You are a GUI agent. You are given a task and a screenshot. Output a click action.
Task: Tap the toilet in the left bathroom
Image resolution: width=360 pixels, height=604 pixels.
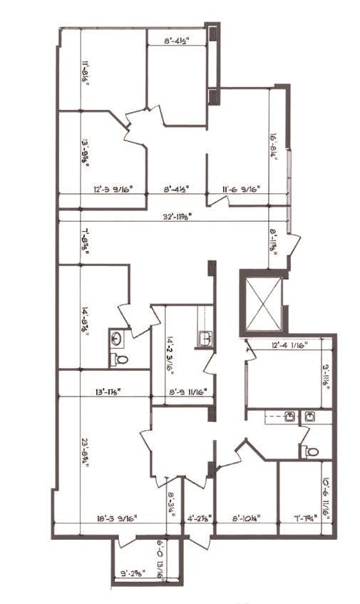[120, 359]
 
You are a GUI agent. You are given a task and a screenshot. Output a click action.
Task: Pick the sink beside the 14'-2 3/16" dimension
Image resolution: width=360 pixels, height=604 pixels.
[205, 338]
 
